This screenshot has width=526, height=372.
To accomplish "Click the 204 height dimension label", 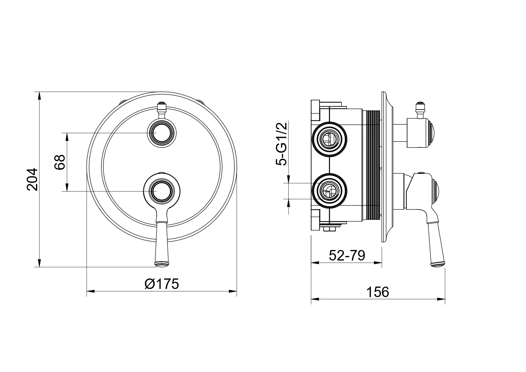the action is point(32,179).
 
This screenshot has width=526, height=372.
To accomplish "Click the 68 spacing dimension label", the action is point(60,162).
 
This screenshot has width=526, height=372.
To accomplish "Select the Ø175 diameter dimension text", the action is point(161,284).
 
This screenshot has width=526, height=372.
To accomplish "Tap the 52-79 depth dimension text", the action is point(347,256).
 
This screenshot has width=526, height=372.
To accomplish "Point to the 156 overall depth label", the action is point(378,292).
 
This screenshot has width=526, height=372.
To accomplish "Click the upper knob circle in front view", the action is point(162,132).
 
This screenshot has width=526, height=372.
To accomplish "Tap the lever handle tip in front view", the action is point(162,264).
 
